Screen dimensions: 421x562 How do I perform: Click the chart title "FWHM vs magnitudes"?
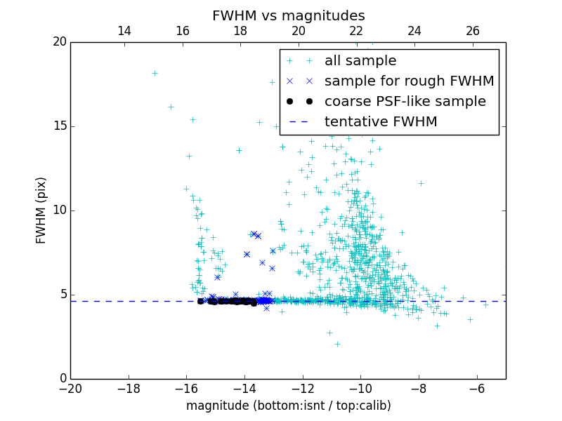point(288,15)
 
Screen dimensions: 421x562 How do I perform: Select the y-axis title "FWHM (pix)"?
point(41,210)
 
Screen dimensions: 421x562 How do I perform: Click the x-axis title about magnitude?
point(288,406)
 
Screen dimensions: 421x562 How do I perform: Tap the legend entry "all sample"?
point(360,61)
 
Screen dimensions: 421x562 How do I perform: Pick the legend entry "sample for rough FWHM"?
point(409,81)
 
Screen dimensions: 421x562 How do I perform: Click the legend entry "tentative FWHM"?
point(381,121)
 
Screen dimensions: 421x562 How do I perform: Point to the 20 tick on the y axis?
point(59,42)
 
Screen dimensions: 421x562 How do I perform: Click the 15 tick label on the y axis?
point(59,126)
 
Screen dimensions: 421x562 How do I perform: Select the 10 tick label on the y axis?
point(59,210)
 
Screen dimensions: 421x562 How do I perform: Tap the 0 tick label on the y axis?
point(62,379)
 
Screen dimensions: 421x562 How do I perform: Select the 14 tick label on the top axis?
point(124,31)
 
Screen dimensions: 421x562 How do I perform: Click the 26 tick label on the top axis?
point(473,31)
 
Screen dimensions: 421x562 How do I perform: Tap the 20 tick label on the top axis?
point(299,31)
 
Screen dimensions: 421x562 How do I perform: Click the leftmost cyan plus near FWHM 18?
point(155,73)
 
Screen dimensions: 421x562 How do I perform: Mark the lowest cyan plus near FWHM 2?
point(337,344)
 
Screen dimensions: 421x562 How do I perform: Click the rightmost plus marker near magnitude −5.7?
point(485,305)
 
